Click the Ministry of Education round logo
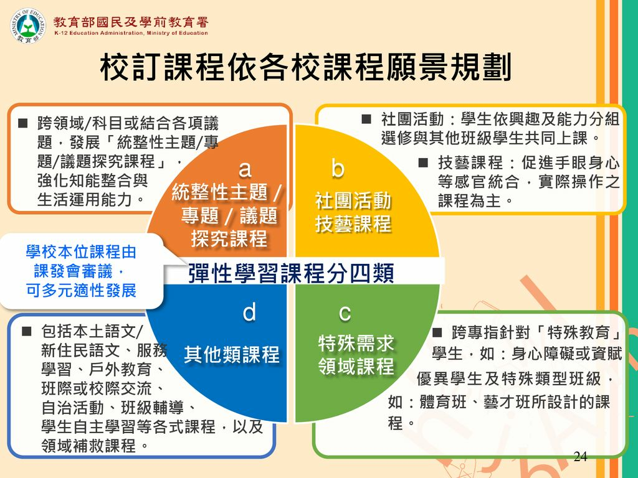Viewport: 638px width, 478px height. click(29, 26)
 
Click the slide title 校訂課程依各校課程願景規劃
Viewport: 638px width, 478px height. click(305, 68)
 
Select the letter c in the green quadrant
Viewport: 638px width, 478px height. click(345, 312)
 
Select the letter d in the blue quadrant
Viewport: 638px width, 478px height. click(249, 312)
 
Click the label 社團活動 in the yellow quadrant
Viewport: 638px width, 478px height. click(353, 202)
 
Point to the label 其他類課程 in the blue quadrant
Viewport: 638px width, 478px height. click(232, 355)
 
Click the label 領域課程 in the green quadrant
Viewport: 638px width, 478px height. click(356, 366)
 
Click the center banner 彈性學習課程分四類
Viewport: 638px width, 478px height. click(290, 274)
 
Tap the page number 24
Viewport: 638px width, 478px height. click(580, 457)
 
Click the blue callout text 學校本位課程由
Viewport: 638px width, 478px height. click(80, 253)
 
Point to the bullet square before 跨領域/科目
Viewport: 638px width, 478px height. click(23, 118)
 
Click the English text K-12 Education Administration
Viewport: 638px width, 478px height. click(131, 33)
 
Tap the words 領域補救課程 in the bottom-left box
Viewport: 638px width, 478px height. click(89, 446)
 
